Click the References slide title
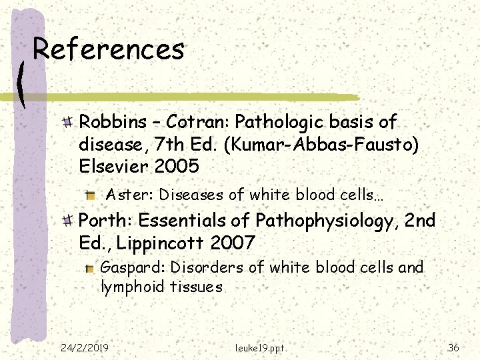click(x=109, y=49)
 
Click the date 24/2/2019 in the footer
click(x=85, y=347)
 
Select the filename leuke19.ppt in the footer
click(x=259, y=348)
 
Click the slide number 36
click(x=453, y=347)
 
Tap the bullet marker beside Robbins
click(x=68, y=122)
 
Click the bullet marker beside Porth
click(x=68, y=220)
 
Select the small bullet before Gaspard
click(x=90, y=268)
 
